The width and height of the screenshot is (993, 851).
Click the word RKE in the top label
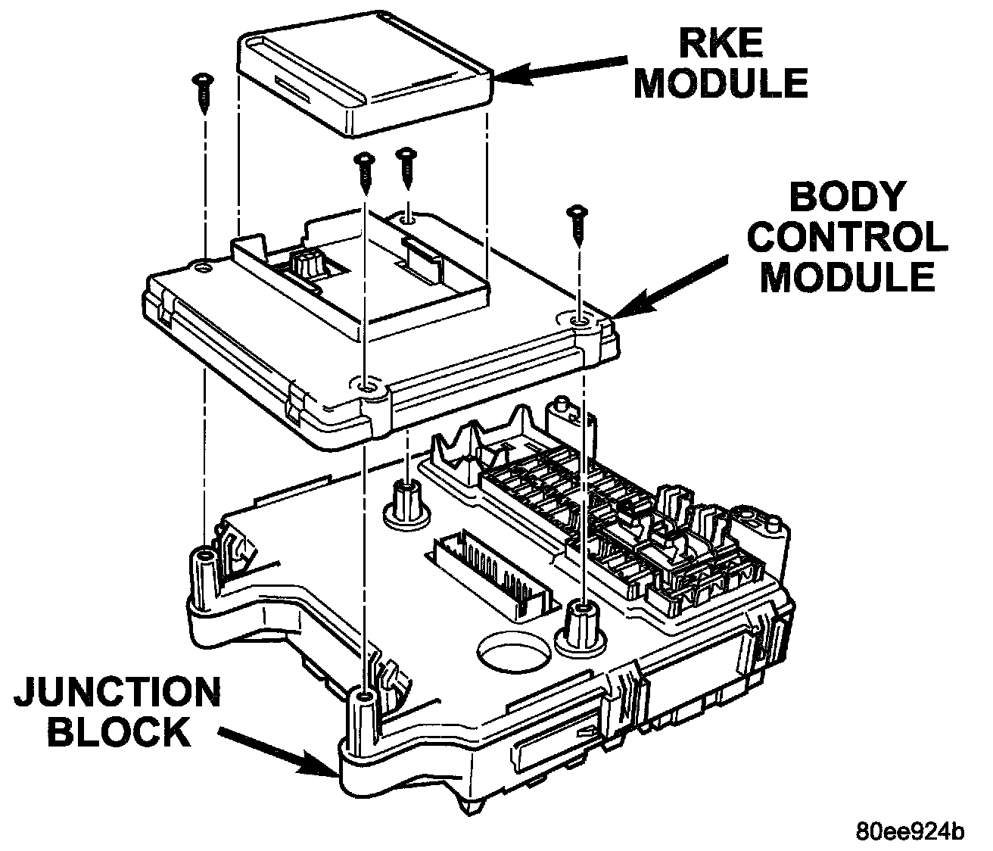[x=721, y=42]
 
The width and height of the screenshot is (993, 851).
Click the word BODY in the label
[x=846, y=197]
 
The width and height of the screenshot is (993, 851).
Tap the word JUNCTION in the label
[x=117, y=692]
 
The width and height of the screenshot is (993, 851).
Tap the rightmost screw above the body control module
[x=577, y=226]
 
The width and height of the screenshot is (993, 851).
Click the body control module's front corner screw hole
[x=366, y=387]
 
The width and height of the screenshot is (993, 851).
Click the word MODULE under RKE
[x=721, y=83]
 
